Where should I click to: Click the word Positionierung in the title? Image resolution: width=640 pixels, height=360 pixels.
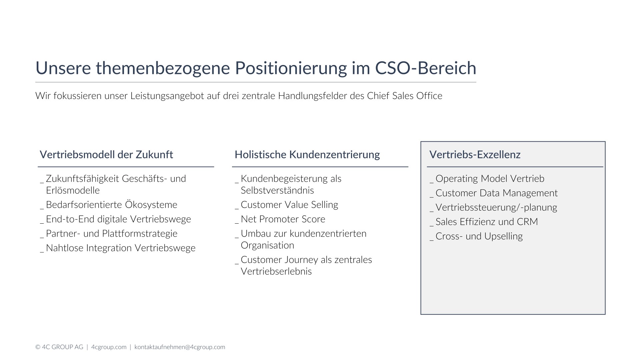coord(291,68)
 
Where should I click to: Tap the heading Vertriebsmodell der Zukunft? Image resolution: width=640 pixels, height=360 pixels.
coord(106,155)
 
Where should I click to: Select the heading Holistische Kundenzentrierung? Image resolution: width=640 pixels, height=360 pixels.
coord(307,155)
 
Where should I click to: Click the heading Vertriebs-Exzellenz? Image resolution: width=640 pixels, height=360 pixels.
coord(475,155)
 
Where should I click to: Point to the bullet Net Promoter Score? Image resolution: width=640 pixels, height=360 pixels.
coord(283,219)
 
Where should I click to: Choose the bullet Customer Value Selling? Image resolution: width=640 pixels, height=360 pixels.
coord(289,205)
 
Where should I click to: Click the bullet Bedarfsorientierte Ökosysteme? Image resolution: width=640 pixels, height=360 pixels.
coord(111,204)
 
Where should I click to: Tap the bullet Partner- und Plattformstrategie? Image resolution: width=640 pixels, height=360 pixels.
coord(111,233)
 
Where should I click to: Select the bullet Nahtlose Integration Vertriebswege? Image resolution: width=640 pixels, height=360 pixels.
coord(121,248)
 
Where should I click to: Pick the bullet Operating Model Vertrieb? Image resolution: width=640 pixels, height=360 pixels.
coord(490,179)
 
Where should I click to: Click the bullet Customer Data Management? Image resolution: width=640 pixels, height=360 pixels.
coord(496,193)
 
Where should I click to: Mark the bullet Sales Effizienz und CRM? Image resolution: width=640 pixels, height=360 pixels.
coord(487,222)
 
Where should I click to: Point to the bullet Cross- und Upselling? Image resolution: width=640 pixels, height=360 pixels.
coord(479,236)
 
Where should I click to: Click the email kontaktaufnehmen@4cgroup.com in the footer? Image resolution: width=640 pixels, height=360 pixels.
coord(180,347)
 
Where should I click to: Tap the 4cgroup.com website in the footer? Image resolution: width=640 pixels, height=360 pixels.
coord(109,347)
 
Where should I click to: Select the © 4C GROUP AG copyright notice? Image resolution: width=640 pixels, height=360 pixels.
coord(59,347)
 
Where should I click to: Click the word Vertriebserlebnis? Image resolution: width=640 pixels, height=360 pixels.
coord(276,271)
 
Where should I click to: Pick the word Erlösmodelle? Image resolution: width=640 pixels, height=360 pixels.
coord(73,190)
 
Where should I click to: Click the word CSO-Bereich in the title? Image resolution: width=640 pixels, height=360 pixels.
coord(426,68)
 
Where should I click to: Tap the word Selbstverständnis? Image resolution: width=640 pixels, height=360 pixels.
coord(277,190)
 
